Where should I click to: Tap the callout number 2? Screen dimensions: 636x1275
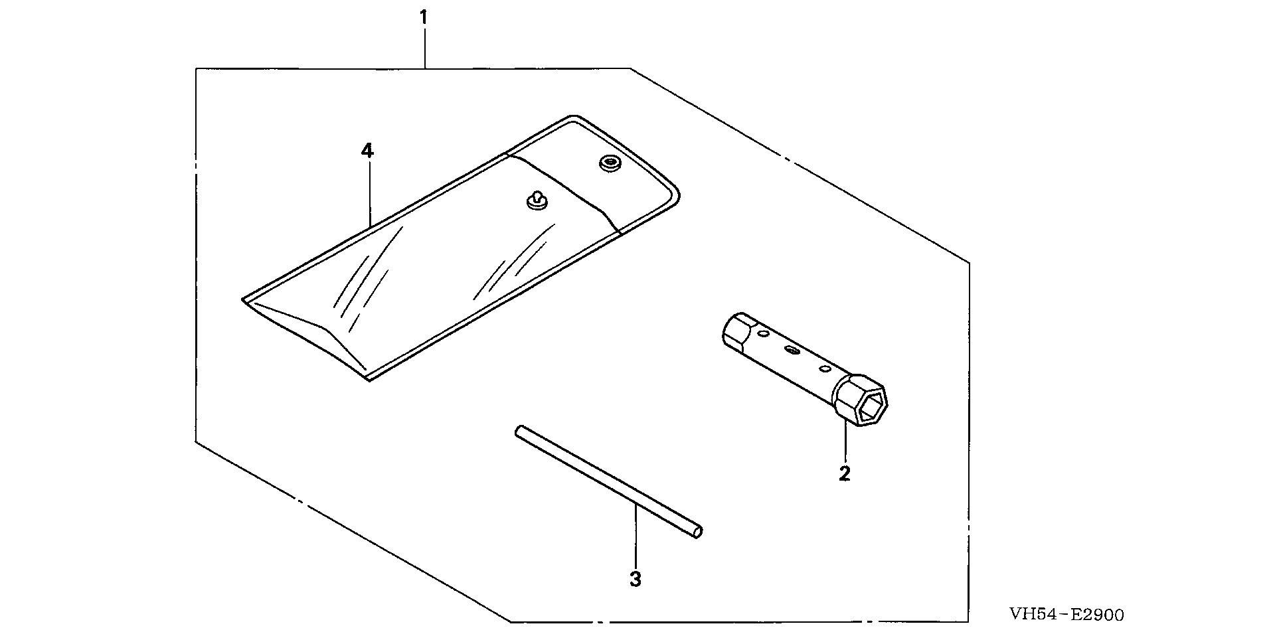point(845,473)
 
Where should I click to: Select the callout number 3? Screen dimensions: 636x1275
point(636,579)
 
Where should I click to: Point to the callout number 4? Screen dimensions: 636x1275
point(367,151)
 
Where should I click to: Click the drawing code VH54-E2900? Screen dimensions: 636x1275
point(1066,615)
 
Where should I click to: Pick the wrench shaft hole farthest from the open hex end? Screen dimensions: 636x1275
point(761,331)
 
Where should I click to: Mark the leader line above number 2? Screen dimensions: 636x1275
point(845,441)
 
